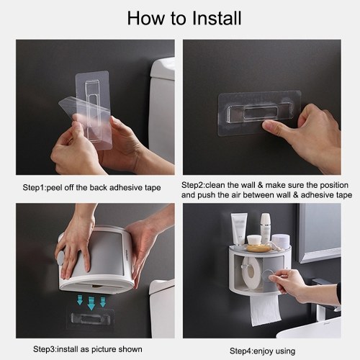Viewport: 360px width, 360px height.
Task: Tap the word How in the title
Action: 146,18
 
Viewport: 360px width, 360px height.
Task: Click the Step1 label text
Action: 33,188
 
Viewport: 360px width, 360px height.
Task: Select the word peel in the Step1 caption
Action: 54,188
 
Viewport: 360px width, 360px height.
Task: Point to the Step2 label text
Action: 192,185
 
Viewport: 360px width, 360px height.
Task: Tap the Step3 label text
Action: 44,349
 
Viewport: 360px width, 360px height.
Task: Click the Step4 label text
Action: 240,351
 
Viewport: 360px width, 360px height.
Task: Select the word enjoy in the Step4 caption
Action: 264,351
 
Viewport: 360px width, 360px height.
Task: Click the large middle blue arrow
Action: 91,303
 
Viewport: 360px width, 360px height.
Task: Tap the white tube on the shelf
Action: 238,228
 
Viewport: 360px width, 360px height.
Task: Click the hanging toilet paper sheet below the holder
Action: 265,310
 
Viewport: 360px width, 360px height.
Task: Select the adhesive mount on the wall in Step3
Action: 90,319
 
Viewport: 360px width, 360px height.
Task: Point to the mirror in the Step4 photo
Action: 319,233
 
